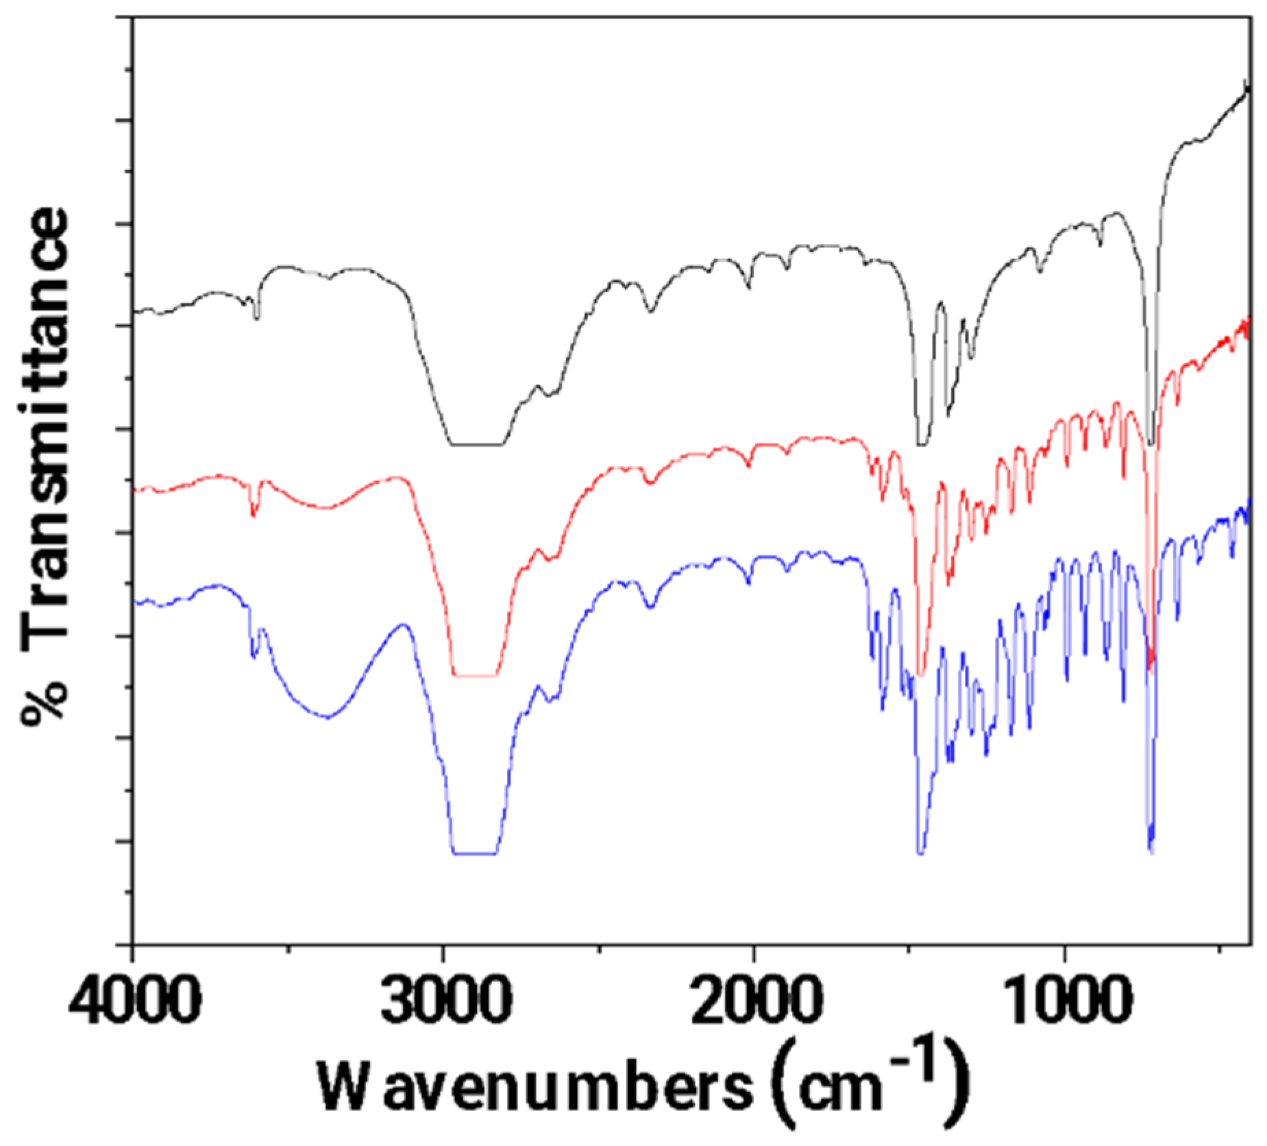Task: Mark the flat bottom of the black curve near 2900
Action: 476,444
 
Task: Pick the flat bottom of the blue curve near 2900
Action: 474,854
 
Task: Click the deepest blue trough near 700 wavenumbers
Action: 1151,850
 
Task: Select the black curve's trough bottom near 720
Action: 1151,444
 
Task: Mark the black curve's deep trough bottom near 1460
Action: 922,444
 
